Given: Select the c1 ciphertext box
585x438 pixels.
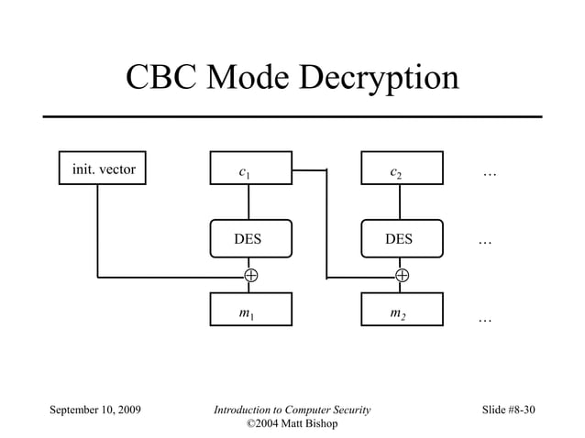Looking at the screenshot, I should (250, 169).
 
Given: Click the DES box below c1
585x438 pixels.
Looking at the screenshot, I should (250, 239).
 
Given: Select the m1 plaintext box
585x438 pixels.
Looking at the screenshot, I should (250, 310).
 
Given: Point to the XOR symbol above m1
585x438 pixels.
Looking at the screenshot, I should (250, 275).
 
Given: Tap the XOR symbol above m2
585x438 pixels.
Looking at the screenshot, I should (402, 275).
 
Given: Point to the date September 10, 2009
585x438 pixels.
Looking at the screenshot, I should (94, 410).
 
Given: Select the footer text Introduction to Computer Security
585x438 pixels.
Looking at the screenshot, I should (292, 410).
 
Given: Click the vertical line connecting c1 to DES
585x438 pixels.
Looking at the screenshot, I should (249, 203).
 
